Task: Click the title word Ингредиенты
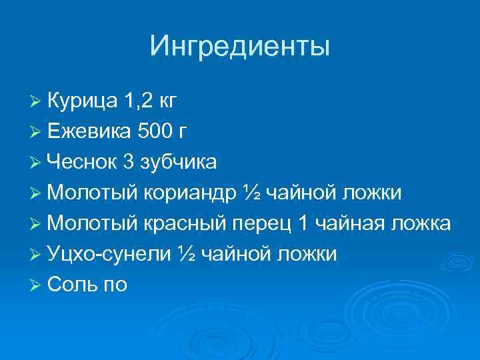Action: click(239, 47)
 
